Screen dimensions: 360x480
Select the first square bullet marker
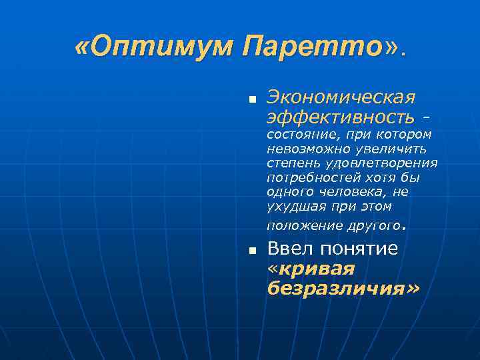pos(252,100)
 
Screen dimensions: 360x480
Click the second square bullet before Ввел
pos(252,251)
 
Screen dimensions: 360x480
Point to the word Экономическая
pos(341,97)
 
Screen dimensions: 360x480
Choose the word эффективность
pos(340,117)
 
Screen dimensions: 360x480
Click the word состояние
pos(297,135)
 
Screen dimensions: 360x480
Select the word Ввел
pos(291,249)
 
